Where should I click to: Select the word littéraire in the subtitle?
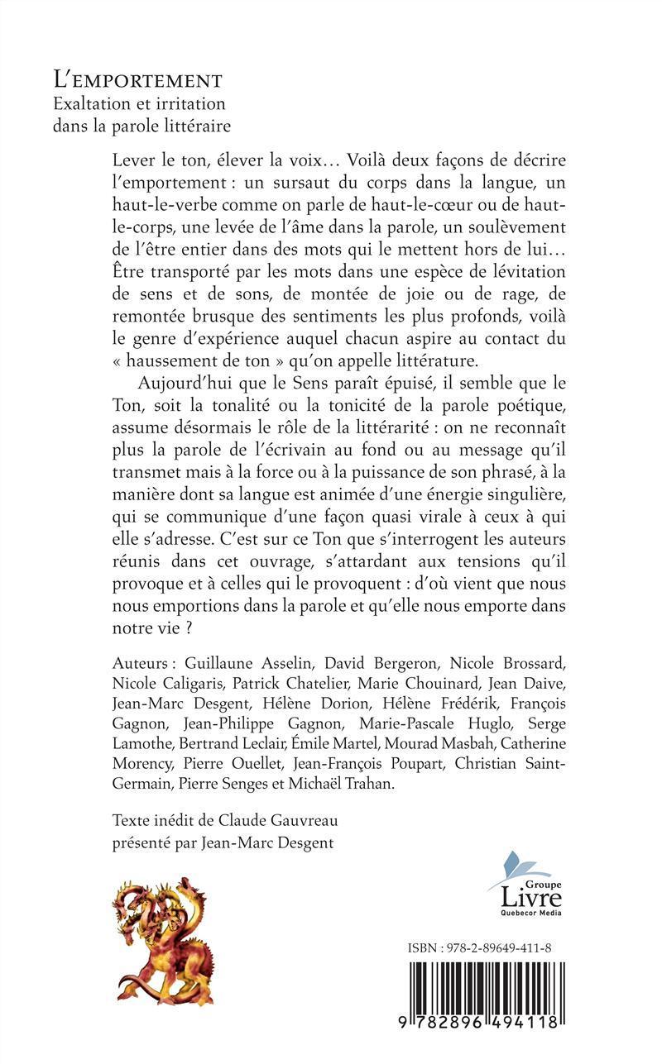point(192,126)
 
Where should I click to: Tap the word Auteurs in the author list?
point(140,664)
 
